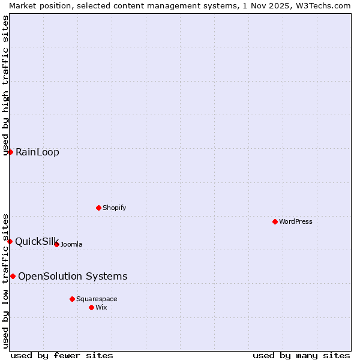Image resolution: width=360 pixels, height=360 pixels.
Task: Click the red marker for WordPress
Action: point(275,221)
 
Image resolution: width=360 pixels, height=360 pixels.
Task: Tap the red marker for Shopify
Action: point(98,208)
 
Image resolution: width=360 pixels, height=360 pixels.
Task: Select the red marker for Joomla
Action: point(56,244)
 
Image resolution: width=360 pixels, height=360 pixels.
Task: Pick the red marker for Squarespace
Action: point(72,299)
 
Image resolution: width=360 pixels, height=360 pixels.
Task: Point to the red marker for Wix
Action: point(91,307)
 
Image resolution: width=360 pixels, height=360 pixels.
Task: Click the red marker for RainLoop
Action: point(10,152)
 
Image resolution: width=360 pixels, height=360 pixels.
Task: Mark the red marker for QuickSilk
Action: point(10,241)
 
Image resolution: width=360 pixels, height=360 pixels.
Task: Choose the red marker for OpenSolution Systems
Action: point(13,276)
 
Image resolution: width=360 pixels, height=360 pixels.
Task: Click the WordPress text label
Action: point(296,222)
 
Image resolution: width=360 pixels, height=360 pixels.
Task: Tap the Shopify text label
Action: point(114,208)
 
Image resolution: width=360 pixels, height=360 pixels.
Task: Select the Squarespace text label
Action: point(97,299)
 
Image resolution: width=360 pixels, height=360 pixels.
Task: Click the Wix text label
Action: point(101,308)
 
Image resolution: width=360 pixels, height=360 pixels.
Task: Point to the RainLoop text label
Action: point(37,152)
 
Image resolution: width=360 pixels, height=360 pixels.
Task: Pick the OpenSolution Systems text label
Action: point(73,277)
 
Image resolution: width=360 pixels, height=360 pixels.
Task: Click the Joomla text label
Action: point(71,245)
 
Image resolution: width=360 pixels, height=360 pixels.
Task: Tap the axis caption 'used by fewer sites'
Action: point(62,355)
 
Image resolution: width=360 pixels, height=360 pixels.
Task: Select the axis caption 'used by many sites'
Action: point(301,355)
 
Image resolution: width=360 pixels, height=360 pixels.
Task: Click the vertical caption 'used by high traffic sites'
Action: point(6,85)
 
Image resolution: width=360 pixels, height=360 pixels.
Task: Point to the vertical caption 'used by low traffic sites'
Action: point(6,280)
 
